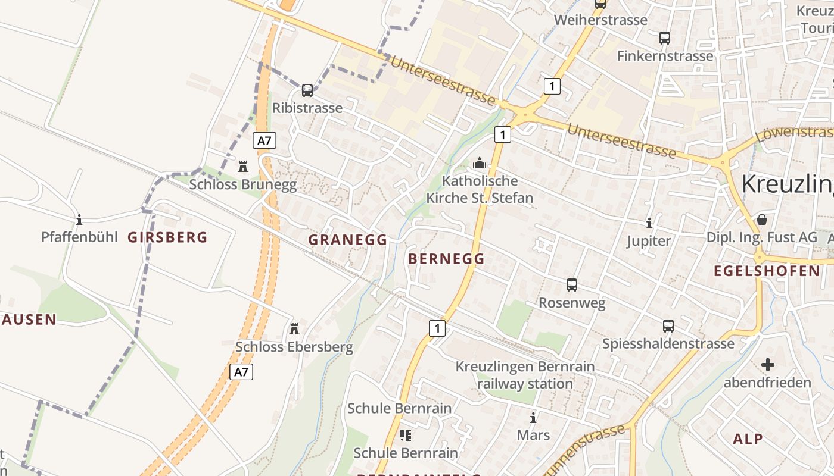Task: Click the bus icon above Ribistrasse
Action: tap(307, 90)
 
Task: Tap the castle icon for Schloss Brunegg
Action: tap(243, 166)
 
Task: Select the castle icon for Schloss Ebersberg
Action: tap(294, 328)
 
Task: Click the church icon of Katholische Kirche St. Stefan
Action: tap(479, 163)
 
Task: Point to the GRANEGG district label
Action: tap(348, 240)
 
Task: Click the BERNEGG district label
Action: tap(446, 259)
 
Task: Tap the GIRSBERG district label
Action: tap(167, 237)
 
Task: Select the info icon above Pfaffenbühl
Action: tap(79, 220)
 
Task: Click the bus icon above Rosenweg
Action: tap(572, 285)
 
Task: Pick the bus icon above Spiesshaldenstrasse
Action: tap(668, 326)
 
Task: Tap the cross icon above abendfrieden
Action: tap(768, 364)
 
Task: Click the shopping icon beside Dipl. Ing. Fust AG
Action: tap(761, 220)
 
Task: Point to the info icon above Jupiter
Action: tap(649, 223)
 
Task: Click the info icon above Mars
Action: tap(533, 418)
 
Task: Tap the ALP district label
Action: tap(748, 439)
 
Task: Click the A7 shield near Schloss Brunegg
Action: tap(264, 141)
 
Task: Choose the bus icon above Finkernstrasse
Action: tap(665, 38)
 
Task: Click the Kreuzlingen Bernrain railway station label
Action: tap(525, 375)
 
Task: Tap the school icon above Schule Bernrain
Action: tap(406, 436)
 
